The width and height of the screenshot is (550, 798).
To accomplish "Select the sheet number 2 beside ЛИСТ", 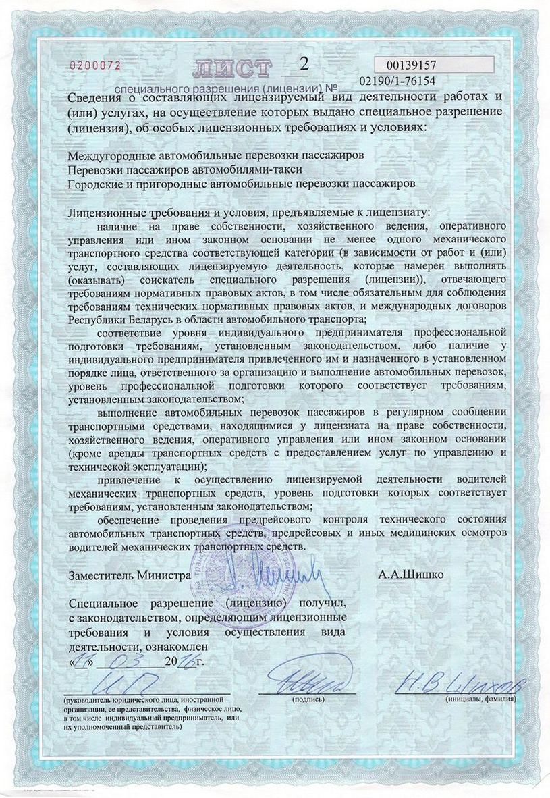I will tap(302, 65).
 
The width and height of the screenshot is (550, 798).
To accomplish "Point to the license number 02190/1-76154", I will tap(397, 81).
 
